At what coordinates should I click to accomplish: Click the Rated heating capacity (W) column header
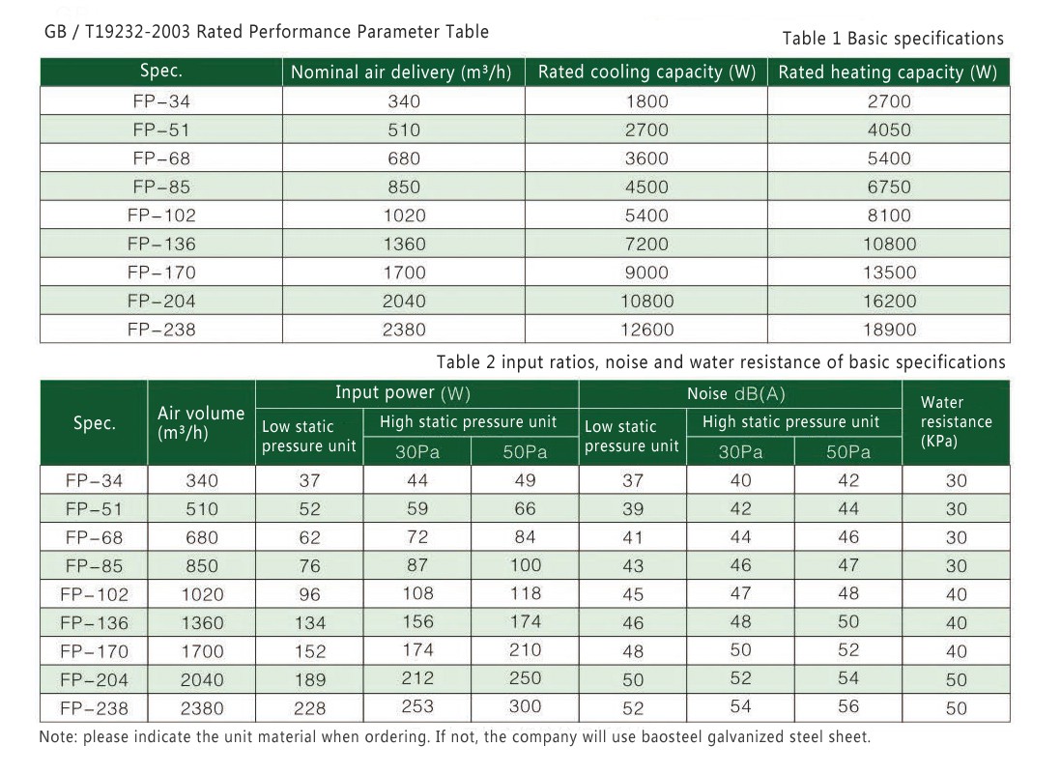tap(888, 72)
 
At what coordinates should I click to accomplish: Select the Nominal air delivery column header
tap(401, 72)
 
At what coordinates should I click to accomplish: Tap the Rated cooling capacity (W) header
tap(646, 72)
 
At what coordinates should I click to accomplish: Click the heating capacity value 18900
tap(889, 330)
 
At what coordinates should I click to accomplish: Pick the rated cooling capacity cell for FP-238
tap(646, 330)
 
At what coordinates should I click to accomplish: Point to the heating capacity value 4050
tap(889, 129)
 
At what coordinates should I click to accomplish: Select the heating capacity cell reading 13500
tap(889, 273)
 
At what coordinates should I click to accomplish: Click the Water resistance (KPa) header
tap(956, 421)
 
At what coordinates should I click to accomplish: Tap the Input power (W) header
tap(403, 393)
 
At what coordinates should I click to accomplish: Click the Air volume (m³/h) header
tap(201, 423)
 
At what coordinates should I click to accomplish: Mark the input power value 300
tap(525, 706)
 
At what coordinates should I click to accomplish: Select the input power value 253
tap(417, 706)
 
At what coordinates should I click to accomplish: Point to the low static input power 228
tap(310, 708)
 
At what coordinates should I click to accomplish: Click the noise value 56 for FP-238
tap(847, 706)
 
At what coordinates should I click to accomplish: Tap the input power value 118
tap(525, 593)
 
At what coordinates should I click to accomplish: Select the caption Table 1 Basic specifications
tap(893, 39)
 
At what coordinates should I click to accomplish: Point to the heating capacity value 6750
tap(889, 187)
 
